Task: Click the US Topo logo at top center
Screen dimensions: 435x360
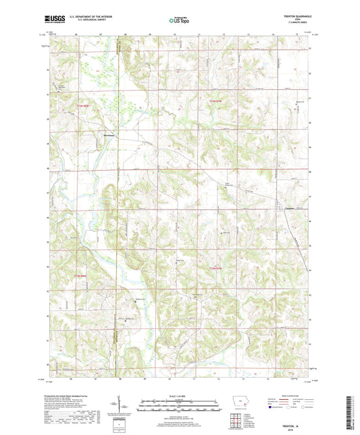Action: click(x=179, y=21)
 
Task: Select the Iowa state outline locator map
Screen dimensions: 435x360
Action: click(x=241, y=406)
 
